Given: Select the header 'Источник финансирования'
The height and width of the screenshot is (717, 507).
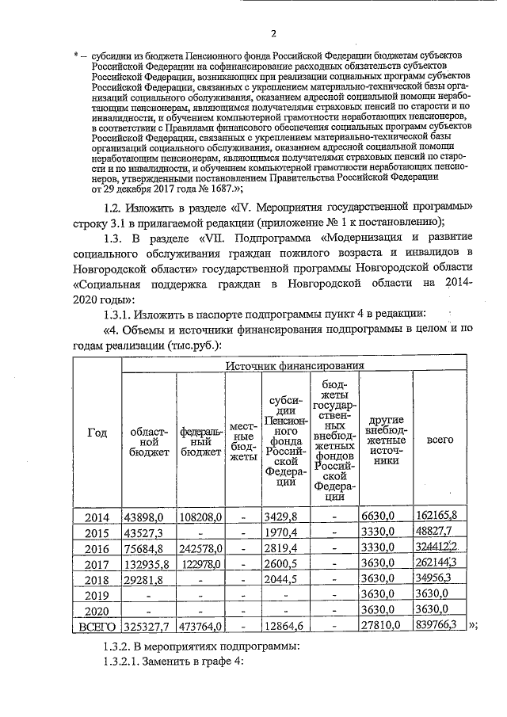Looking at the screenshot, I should click(x=295, y=365).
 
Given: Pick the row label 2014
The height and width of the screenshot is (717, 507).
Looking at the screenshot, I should click(x=96, y=517).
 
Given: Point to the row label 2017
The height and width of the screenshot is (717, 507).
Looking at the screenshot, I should click(x=96, y=563).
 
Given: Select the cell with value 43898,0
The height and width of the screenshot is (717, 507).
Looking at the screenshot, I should click(x=144, y=517).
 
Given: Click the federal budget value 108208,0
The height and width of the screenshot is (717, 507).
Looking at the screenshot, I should click(x=198, y=517).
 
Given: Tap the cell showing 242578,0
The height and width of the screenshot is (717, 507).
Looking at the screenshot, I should click(x=198, y=547).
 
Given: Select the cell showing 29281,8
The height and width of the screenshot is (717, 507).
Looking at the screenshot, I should click(x=143, y=579).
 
